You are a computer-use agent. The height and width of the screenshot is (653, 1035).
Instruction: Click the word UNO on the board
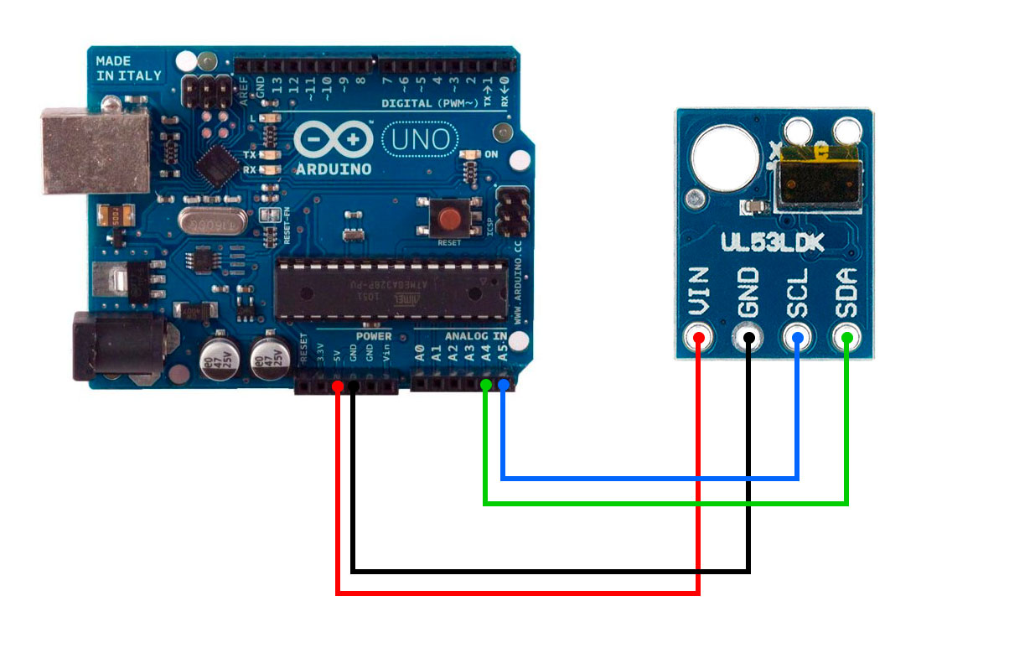tap(420, 138)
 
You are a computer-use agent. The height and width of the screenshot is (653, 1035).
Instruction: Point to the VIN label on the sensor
tap(698, 291)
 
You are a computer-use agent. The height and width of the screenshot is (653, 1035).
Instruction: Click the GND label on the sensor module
tap(748, 292)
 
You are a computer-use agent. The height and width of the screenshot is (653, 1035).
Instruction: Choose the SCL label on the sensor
tap(797, 292)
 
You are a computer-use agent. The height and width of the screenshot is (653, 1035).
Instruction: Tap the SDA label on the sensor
tap(846, 292)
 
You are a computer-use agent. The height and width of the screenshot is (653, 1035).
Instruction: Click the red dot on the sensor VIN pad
tap(698, 339)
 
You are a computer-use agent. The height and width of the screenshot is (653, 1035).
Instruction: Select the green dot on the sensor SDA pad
tap(847, 339)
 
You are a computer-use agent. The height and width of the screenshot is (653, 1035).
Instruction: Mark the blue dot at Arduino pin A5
tap(503, 385)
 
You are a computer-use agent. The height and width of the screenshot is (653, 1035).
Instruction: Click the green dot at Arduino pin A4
tap(486, 385)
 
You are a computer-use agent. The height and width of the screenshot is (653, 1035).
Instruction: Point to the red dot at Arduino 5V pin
tap(337, 386)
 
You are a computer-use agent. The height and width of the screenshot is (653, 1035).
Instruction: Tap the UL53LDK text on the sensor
tap(772, 243)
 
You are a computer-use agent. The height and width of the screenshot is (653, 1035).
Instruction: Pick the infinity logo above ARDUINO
tap(333, 139)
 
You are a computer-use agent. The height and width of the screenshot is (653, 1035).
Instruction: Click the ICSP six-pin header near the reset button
tap(512, 212)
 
